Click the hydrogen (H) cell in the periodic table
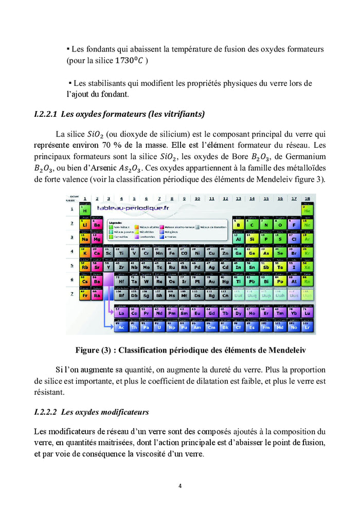[84, 209]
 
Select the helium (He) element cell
[308, 209]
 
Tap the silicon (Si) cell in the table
[252, 238]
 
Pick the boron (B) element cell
[238, 224]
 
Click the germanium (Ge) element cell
[252, 253]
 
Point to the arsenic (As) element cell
[266, 253]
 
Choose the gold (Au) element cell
[211, 281]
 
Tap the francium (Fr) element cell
[84, 295]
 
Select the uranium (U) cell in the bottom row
[159, 326]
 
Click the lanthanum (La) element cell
[121, 312]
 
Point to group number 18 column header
[307, 198]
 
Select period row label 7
[71, 294]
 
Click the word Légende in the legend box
[116, 223]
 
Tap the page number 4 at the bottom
[180, 485]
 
